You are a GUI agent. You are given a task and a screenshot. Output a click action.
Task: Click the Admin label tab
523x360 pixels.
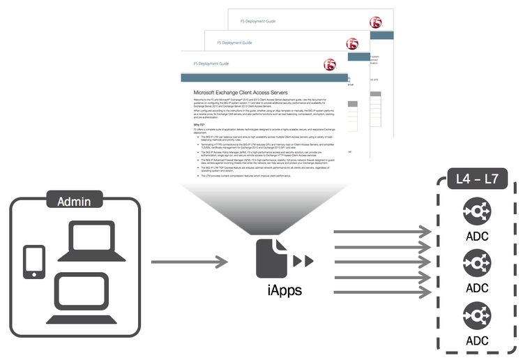[x=76, y=202]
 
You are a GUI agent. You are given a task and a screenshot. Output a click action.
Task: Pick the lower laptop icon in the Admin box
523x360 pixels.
[x=84, y=294]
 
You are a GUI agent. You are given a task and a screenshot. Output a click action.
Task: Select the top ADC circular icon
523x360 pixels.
[x=477, y=211]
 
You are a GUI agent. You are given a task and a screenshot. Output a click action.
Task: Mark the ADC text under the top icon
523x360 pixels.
[x=477, y=237]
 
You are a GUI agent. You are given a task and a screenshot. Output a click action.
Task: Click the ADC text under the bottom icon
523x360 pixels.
[x=477, y=341]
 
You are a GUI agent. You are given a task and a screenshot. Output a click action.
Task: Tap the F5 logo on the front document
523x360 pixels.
[x=331, y=65]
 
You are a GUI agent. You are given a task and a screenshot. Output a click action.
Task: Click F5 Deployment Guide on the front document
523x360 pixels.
[x=202, y=63]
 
